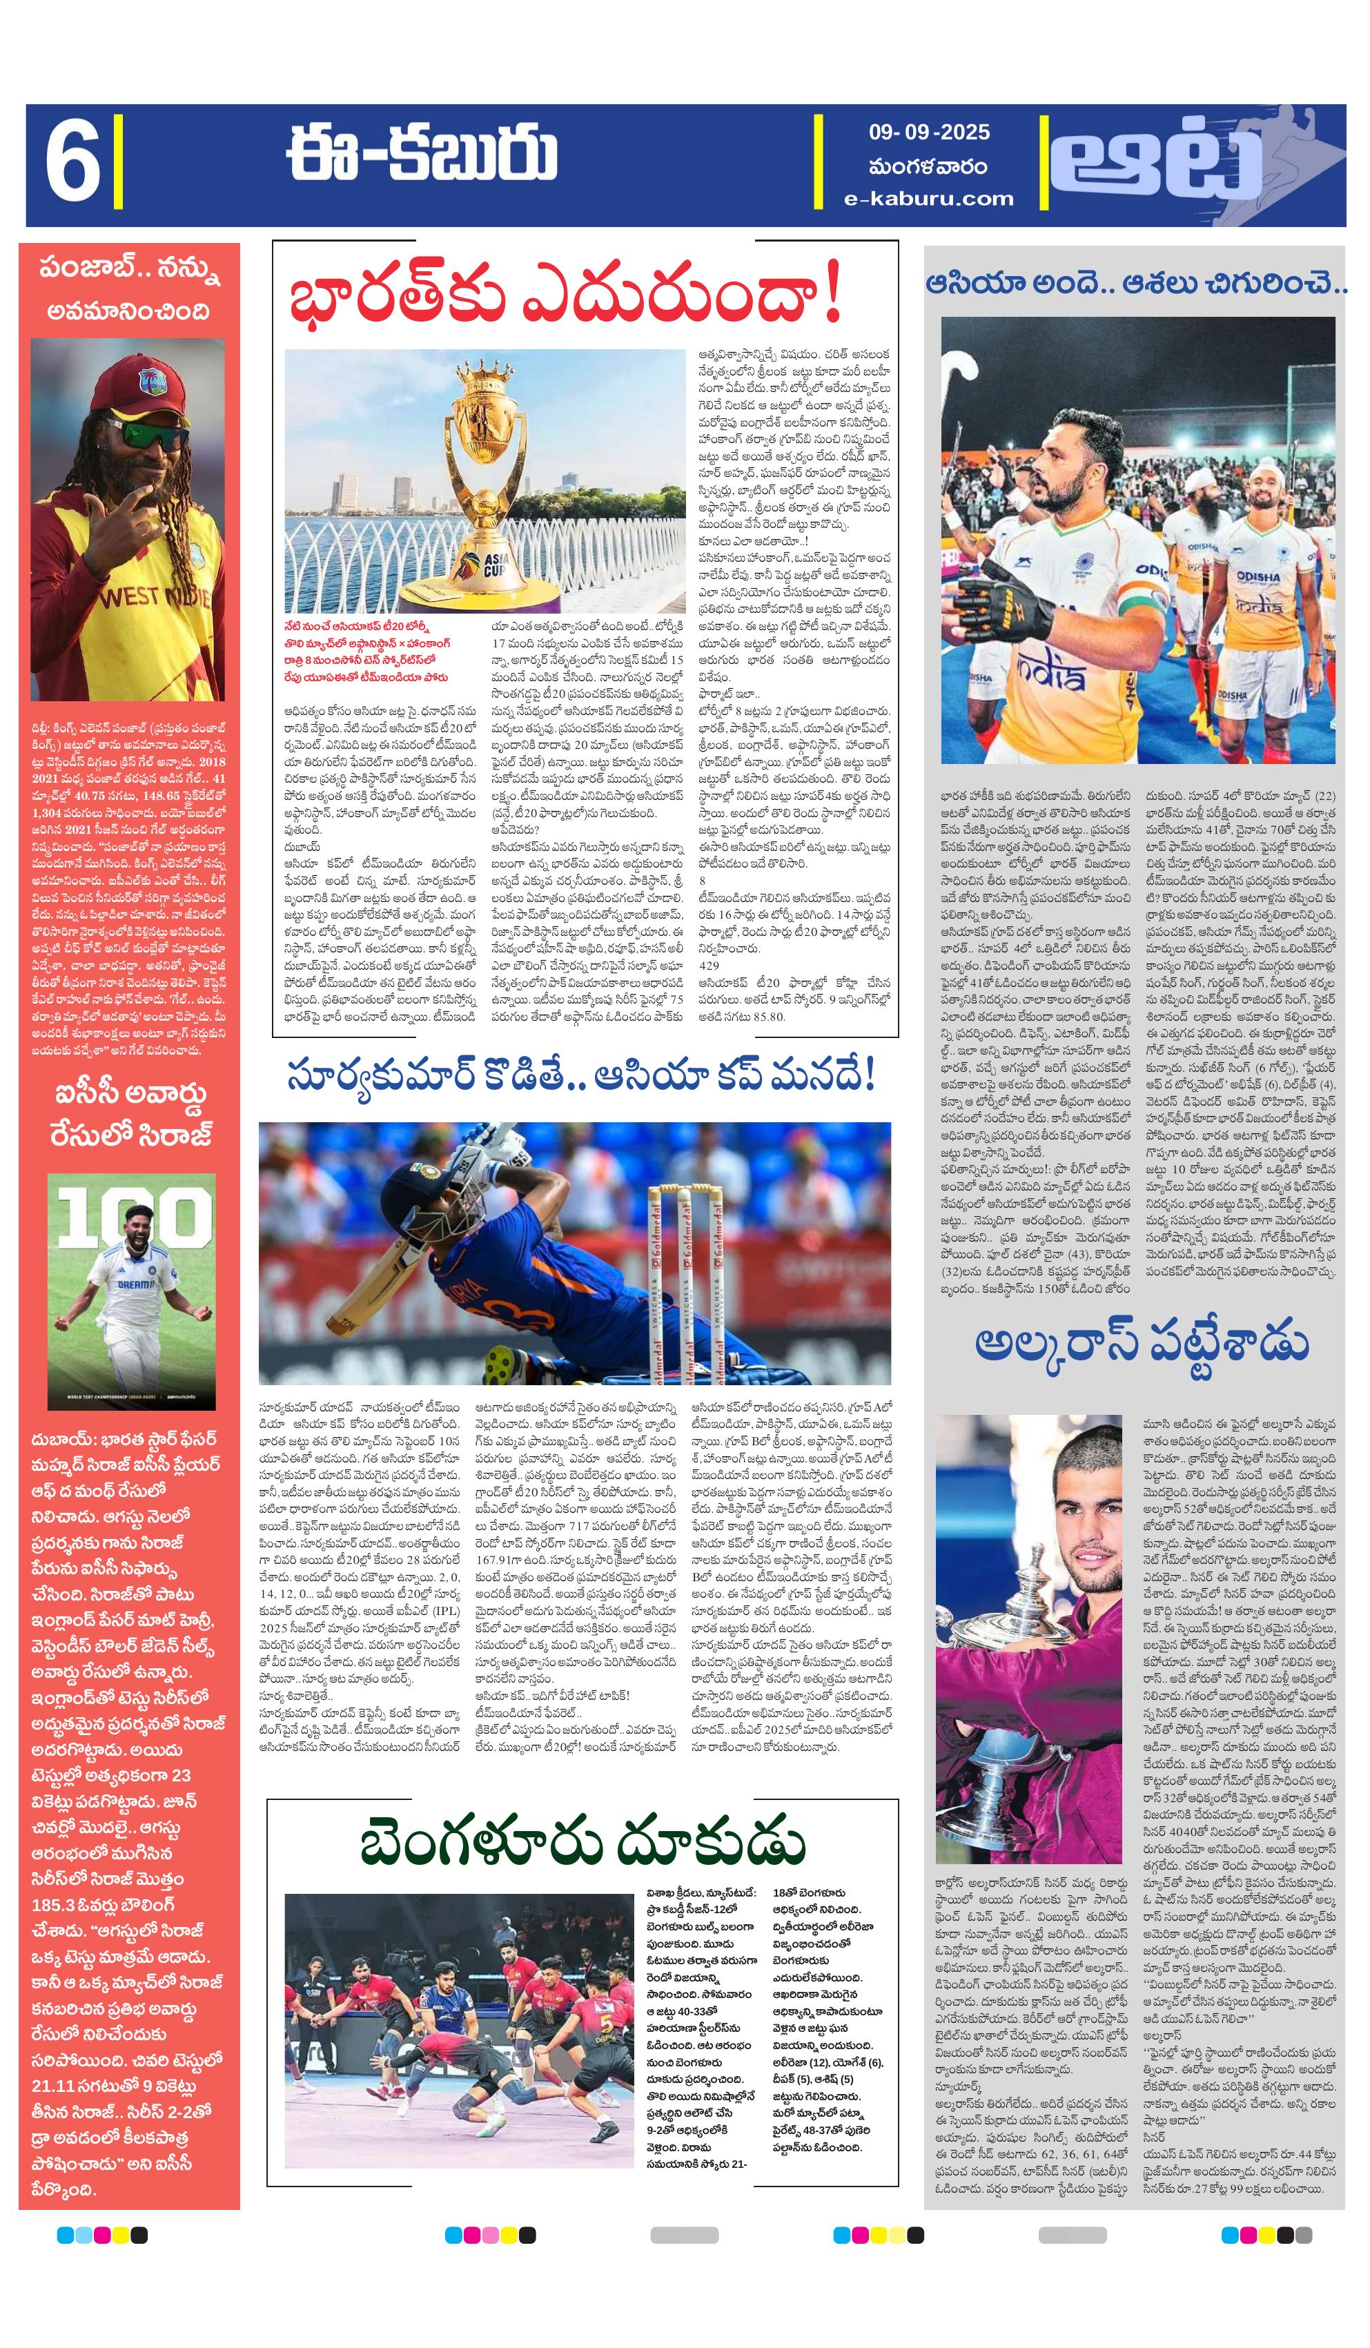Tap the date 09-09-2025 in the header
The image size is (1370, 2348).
point(928,133)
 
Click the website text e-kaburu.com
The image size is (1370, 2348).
point(928,197)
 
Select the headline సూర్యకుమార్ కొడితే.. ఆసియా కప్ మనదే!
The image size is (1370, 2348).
point(582,1077)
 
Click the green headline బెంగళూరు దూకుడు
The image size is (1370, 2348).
point(583,1846)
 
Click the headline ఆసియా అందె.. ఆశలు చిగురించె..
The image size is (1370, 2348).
point(1136,284)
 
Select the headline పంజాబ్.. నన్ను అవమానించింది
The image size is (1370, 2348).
point(128,290)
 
